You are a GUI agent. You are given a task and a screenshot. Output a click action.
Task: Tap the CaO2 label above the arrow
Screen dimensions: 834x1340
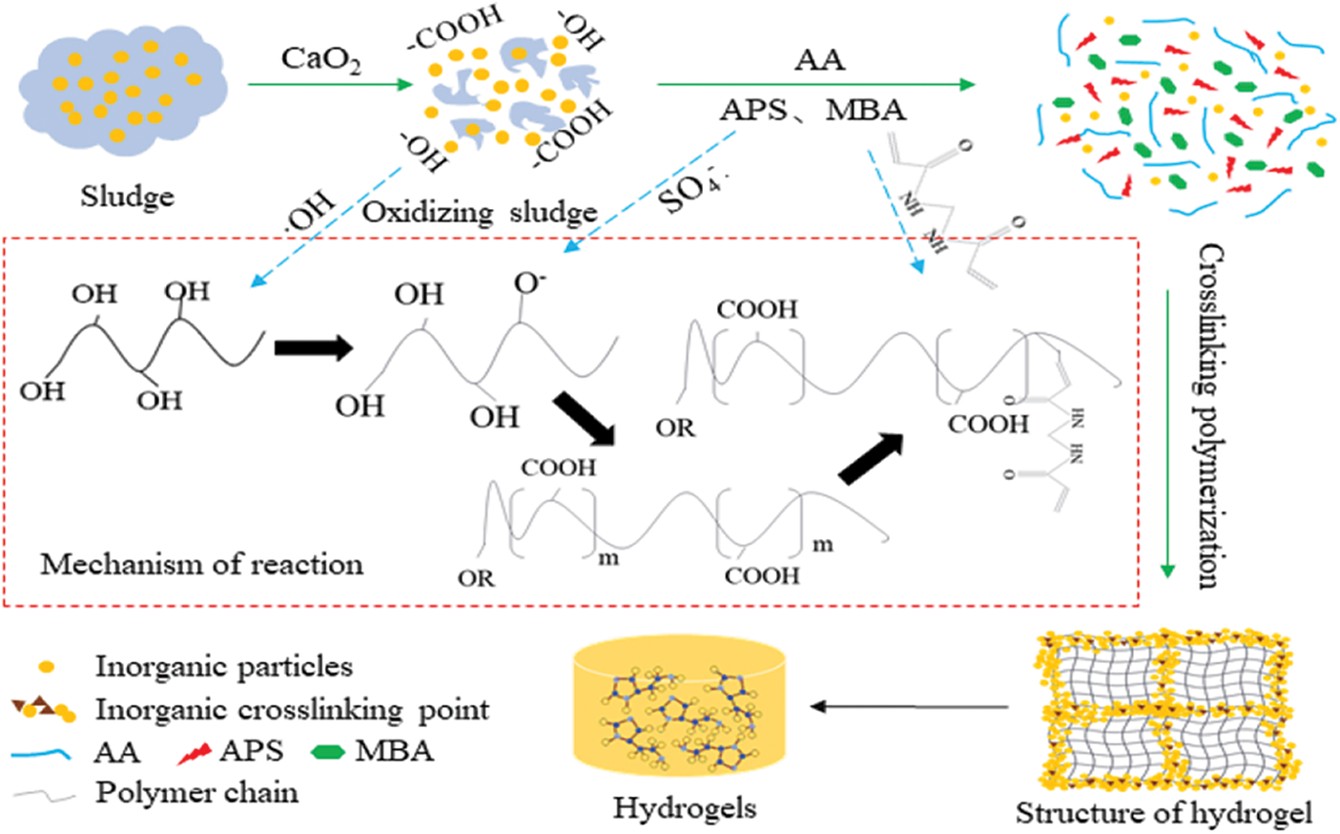pos(320,59)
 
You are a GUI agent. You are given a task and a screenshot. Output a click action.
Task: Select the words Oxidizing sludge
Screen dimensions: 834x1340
pos(479,212)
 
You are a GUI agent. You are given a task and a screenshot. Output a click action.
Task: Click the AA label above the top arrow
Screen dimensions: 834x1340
pos(819,59)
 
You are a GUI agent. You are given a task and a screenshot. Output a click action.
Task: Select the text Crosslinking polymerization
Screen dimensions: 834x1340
pos(1210,415)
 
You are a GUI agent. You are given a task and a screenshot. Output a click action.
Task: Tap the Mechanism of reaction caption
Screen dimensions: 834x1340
pos(201,564)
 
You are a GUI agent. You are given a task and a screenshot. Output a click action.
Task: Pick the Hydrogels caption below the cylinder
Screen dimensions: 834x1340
pos(684,808)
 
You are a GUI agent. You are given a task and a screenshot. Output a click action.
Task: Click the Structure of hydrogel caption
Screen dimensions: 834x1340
pos(1163,813)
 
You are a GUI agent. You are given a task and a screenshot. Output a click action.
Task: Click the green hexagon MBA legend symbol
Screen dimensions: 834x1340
pos(328,752)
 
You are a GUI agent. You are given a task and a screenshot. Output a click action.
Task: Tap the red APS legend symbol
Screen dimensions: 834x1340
pos(194,754)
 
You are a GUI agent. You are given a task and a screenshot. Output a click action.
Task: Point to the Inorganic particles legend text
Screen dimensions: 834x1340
pos(223,666)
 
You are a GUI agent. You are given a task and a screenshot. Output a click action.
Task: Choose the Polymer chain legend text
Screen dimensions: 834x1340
pos(196,793)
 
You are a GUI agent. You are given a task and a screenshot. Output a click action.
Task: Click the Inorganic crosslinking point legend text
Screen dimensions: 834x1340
pos(292,710)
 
